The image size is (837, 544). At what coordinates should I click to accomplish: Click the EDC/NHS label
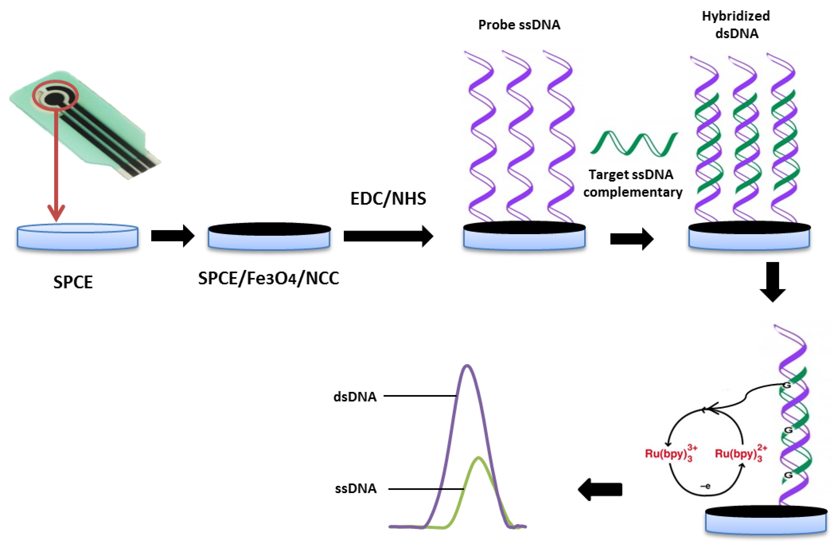[x=388, y=199]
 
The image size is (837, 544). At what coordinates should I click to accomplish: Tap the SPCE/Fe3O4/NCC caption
[x=268, y=279]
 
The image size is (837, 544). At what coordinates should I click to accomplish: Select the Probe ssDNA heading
[x=519, y=25]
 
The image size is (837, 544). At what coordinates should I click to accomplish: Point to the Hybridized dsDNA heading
[x=736, y=25]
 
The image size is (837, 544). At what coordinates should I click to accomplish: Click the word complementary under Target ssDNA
[x=633, y=192]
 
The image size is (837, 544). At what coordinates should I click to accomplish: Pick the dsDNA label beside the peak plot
[x=355, y=397]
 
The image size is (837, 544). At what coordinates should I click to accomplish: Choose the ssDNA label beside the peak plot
[x=355, y=489]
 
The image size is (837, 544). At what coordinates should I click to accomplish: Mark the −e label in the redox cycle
[x=705, y=486]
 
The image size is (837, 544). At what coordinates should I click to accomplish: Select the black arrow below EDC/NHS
[x=388, y=236]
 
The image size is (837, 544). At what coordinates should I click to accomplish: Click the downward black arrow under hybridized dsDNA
[x=773, y=281]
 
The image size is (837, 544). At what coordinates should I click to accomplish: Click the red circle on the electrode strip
[x=55, y=94]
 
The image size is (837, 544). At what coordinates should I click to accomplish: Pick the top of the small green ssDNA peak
[x=479, y=458]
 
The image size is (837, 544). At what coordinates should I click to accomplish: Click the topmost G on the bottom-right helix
[x=787, y=385]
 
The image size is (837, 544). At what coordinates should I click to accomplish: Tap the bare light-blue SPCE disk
[x=77, y=237]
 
